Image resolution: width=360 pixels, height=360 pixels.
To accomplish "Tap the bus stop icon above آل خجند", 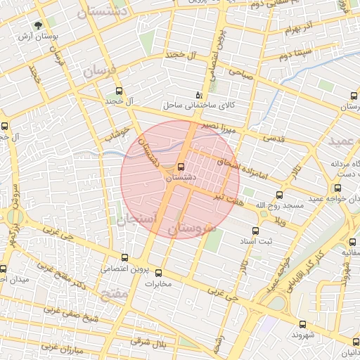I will (118, 91).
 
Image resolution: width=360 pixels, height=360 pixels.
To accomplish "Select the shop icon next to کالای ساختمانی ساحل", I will (198, 95).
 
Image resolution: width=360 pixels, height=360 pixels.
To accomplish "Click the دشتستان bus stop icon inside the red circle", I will (181, 167).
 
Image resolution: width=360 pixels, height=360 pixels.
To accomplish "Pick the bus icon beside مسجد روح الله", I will (280, 195).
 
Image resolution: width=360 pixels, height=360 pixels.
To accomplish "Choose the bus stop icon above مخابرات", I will (158, 273).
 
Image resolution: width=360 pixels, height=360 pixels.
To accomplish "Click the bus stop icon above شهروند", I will (302, 324).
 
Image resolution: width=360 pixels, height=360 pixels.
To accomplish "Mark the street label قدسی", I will (274, 138).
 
